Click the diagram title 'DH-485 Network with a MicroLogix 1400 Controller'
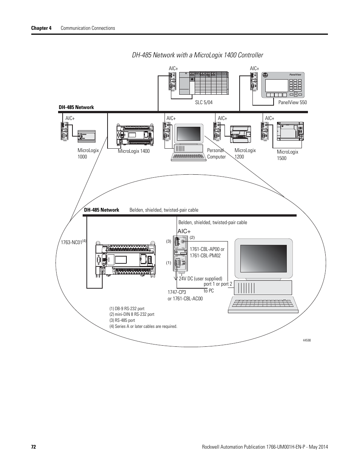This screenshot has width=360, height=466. [x=197, y=55]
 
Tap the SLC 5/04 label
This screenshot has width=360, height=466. [x=204, y=102]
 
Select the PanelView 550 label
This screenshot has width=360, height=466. [x=292, y=102]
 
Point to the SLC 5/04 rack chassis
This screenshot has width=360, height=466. [x=203, y=83]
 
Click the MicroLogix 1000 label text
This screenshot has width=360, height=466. [x=88, y=153]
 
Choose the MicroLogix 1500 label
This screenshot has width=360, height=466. [x=288, y=155]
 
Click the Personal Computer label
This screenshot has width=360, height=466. [x=216, y=153]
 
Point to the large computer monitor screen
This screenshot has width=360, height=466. [x=263, y=258]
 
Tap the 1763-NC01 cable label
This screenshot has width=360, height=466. [x=72, y=242]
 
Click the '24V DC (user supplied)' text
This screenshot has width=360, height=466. [x=200, y=279]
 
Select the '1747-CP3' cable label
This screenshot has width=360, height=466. [x=177, y=292]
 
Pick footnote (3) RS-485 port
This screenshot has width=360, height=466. [x=122, y=320]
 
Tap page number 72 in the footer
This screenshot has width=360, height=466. [x=33, y=447]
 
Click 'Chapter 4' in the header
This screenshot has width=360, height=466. [x=41, y=28]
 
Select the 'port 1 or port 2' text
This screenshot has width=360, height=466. [x=218, y=284]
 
